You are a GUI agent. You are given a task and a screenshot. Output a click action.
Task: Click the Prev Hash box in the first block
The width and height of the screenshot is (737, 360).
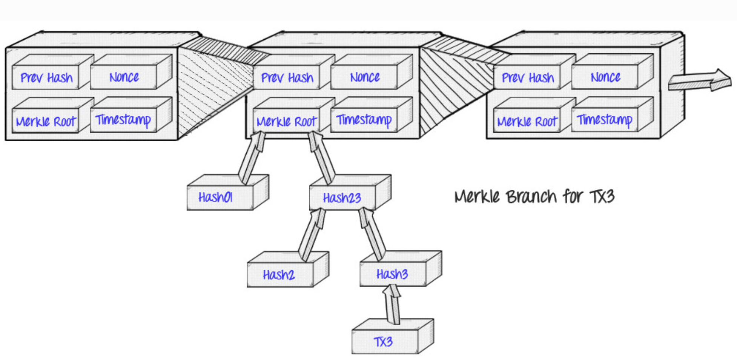(x=46, y=77)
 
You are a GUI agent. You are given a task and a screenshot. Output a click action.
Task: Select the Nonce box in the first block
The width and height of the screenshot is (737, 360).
(x=124, y=77)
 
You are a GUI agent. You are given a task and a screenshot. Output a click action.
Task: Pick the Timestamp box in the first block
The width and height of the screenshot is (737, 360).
(x=123, y=120)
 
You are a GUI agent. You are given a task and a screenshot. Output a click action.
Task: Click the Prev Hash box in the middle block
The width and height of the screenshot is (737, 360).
(x=287, y=77)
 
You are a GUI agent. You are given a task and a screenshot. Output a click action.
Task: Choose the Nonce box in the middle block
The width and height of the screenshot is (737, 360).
(x=364, y=77)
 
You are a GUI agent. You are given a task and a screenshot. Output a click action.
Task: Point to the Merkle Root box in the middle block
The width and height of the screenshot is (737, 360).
(x=286, y=121)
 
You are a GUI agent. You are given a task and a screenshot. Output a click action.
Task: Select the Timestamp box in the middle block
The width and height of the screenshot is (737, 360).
(x=364, y=120)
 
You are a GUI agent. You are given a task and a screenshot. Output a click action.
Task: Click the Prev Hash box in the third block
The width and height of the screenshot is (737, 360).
(x=527, y=77)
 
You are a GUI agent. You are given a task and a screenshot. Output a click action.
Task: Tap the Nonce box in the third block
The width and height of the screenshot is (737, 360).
(x=605, y=77)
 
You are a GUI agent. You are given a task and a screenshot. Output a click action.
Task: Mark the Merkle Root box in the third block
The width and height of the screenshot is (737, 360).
(x=527, y=121)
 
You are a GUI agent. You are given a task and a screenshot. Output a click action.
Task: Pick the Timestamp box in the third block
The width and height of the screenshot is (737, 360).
(x=604, y=120)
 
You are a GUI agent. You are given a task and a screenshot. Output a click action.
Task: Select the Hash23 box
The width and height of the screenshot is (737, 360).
(x=342, y=197)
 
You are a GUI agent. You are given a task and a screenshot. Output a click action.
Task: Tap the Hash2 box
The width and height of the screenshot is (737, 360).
(x=279, y=274)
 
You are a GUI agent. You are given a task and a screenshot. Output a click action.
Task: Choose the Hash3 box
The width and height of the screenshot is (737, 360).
(x=392, y=274)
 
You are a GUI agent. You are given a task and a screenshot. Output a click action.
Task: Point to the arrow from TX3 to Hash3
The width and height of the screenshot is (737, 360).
(x=393, y=304)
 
